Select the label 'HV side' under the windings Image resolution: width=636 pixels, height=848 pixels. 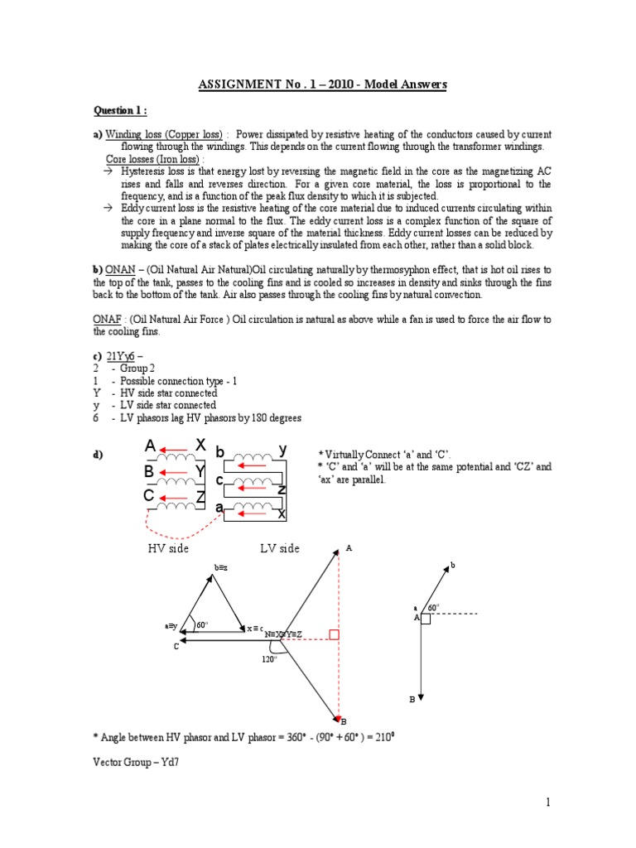tap(168, 549)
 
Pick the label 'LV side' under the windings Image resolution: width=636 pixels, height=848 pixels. tap(279, 549)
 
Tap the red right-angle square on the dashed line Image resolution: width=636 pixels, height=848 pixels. tap(334, 635)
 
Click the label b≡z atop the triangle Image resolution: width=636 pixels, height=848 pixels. tap(220, 567)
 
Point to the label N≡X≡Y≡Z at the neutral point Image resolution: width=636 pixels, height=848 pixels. tap(282, 634)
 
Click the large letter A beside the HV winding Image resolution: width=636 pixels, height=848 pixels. tap(150, 447)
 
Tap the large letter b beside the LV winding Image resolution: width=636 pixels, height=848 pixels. tap(220, 451)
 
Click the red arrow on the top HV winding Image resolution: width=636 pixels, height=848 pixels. tap(175, 451)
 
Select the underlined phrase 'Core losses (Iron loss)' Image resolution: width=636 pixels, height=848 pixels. tap(155, 158)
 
